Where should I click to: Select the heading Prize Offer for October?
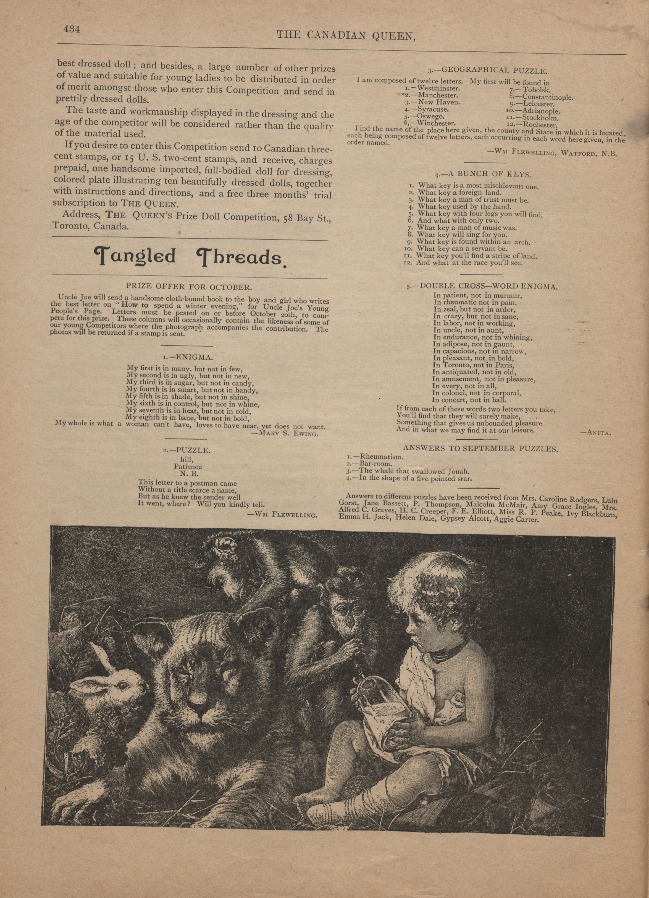[189, 287]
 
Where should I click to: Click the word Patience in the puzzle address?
[188, 466]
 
